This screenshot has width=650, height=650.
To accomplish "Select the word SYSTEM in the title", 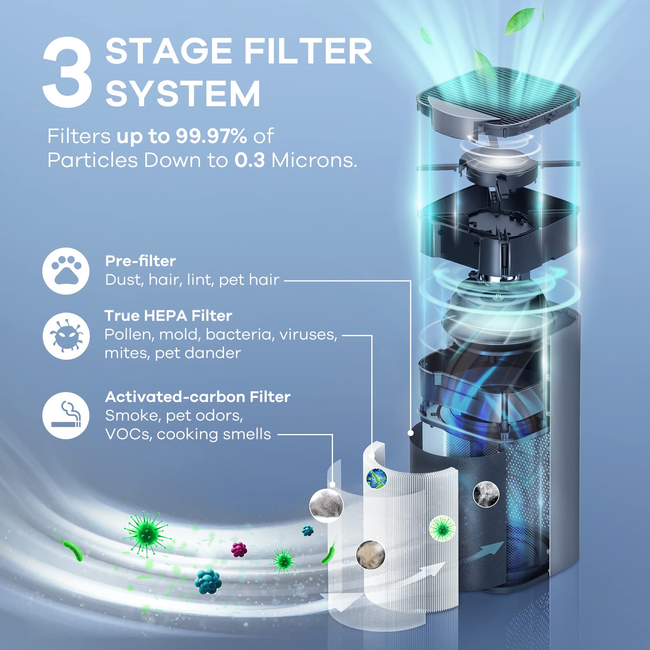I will point(183,94).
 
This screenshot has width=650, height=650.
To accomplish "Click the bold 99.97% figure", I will point(212,137).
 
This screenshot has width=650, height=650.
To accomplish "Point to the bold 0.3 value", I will point(250,161).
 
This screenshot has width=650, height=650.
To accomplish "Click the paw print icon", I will point(66,271).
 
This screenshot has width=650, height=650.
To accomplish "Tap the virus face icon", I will point(66,336).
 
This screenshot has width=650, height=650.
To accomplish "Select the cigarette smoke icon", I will point(66,415).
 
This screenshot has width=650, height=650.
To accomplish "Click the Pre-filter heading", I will point(140,261).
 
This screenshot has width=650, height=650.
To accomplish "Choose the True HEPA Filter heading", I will point(168,316).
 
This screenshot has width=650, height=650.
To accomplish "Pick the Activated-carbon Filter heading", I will point(198,397).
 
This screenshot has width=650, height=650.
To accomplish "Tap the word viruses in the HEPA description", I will point(308,335).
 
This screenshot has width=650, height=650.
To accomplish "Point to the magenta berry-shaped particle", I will point(239,549).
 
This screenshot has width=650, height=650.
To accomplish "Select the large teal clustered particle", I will point(208,581).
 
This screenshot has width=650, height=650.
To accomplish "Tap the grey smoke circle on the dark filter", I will point(486,493).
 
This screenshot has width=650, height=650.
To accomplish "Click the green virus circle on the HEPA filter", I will point(442,529).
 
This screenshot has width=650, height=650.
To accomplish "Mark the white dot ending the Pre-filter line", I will point(410,433).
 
